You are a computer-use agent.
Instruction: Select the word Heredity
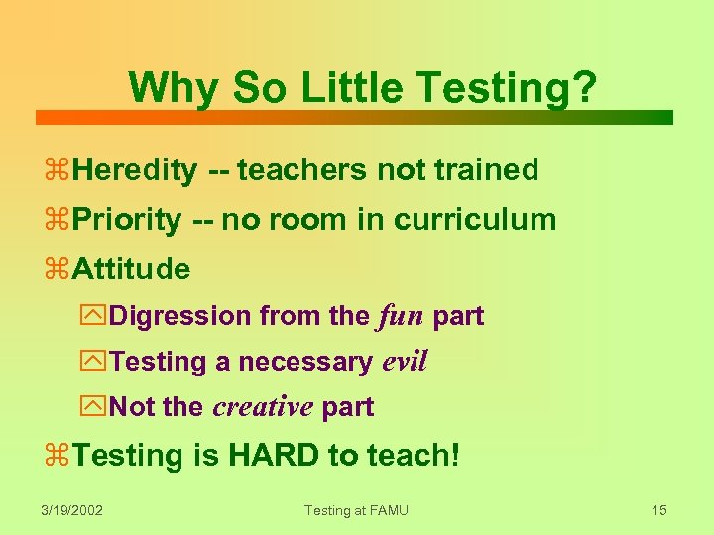pos(135,170)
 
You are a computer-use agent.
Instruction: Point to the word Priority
pos(127,219)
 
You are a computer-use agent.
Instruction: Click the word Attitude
pos(131,268)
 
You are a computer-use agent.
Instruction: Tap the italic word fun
pos(401,316)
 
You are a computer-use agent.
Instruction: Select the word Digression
pos(180,316)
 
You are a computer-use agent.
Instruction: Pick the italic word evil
pos(405,362)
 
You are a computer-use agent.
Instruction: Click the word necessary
pos(305,363)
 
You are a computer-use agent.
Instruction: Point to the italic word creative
pos(263,406)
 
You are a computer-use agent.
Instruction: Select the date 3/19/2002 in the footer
pos(72,510)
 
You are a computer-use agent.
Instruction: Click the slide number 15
pos(659,510)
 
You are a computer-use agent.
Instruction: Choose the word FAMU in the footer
pos(386,510)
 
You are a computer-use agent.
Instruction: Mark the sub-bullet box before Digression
pos(97,317)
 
